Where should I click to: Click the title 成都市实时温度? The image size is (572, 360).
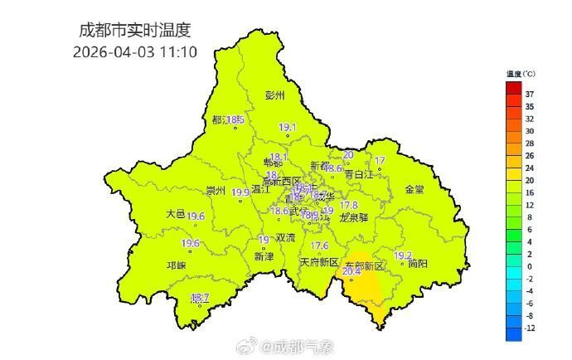(x=134, y=31)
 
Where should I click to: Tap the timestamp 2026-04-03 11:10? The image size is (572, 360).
(x=134, y=51)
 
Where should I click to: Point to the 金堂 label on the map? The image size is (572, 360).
(x=414, y=189)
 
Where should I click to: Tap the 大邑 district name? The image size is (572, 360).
(x=175, y=213)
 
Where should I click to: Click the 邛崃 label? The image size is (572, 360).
(x=177, y=265)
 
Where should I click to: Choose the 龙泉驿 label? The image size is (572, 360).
(x=354, y=216)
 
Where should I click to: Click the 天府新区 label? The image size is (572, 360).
(x=319, y=262)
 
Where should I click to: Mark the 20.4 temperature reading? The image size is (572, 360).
(x=351, y=270)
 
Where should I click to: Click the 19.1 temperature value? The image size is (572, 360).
(x=288, y=127)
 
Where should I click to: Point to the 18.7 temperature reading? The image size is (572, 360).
(x=201, y=297)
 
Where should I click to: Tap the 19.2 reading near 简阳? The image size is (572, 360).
(x=403, y=255)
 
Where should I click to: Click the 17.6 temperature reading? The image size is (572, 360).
(x=319, y=246)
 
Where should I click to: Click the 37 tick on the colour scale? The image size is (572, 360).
(x=530, y=95)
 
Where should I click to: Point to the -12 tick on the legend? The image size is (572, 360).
(x=530, y=328)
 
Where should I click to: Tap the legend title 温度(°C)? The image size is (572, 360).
(x=521, y=75)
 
